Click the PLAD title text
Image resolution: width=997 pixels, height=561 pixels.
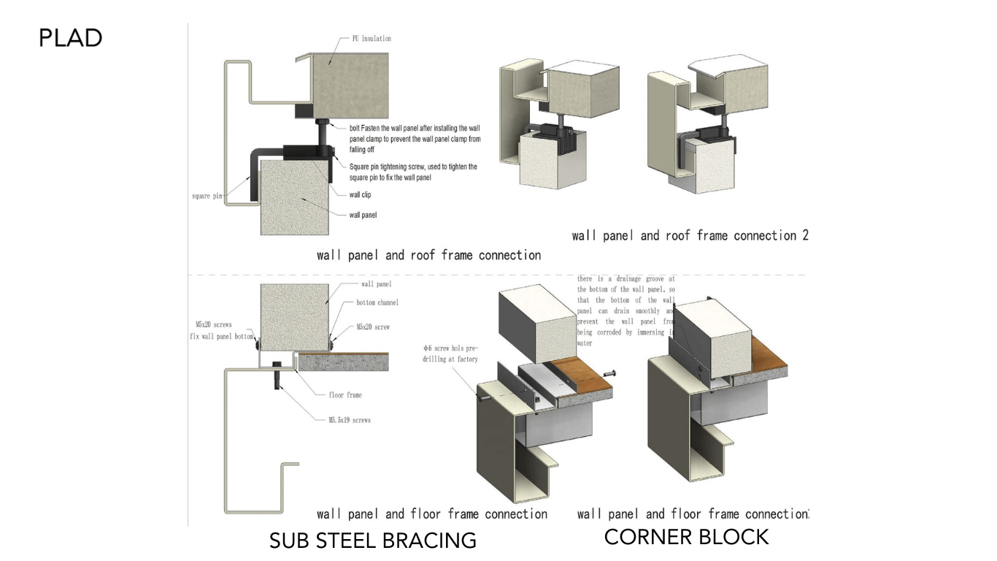point(70,38)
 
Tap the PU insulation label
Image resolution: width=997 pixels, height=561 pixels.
point(366,38)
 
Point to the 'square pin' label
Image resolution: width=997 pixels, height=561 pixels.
point(207,196)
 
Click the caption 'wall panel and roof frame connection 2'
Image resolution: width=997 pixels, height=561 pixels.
point(690,235)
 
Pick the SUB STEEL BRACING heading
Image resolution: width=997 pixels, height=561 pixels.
point(373,541)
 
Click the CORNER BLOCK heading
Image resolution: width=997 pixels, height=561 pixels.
point(686,537)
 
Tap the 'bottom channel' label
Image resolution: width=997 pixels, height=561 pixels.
point(377,302)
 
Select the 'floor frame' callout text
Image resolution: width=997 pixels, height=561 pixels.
point(344,395)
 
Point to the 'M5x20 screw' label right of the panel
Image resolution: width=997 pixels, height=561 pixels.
point(373,327)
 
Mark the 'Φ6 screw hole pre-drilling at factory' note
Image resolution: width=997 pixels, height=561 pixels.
point(449,354)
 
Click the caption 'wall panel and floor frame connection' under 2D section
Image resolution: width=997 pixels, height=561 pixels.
point(431,514)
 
